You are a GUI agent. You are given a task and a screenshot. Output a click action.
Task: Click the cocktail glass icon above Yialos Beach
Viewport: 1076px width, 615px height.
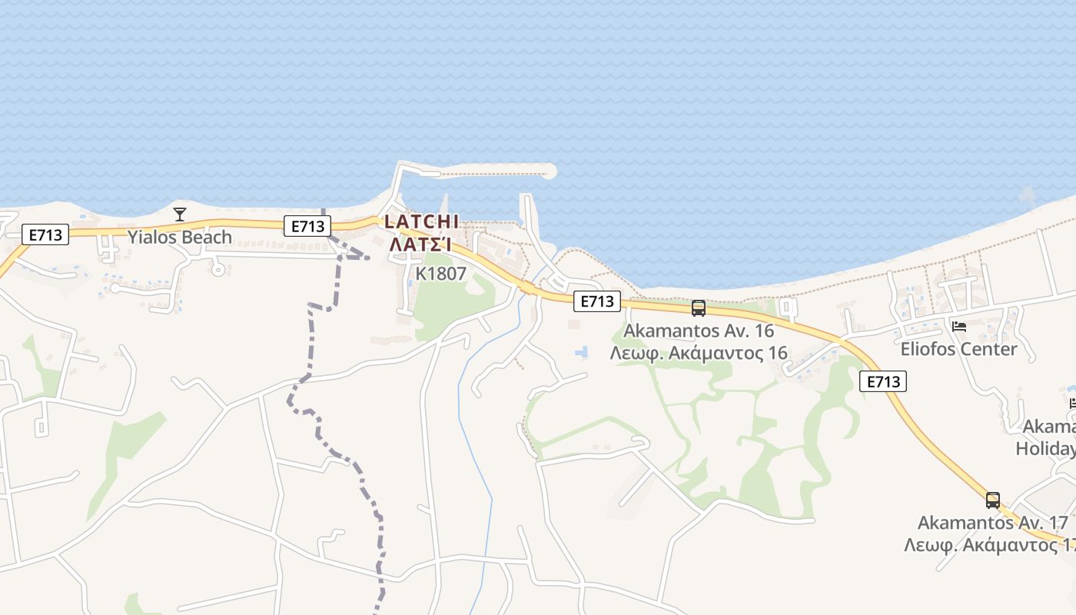(x=180, y=214)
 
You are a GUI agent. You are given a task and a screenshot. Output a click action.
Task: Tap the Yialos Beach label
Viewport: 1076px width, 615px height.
(x=180, y=237)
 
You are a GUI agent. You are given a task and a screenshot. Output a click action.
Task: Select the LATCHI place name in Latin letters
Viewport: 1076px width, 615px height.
(x=421, y=221)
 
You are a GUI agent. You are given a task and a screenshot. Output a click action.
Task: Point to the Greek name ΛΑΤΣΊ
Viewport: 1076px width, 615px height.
(x=420, y=244)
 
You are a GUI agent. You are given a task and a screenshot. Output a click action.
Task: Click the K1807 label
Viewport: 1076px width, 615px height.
(x=441, y=274)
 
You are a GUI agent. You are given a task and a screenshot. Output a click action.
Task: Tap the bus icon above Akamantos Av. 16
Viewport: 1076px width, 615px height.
(x=698, y=308)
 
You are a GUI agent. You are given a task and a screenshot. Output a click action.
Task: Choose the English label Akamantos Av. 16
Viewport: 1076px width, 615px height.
(x=699, y=331)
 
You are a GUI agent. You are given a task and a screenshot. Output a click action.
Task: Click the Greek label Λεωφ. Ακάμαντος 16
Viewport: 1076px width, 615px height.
(x=699, y=353)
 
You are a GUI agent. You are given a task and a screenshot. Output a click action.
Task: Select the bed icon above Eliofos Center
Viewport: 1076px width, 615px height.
(x=958, y=327)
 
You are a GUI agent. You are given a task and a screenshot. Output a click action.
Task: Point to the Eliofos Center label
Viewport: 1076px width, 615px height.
(x=958, y=349)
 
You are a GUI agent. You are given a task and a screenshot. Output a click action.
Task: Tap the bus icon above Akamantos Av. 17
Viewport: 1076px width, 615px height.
(x=993, y=500)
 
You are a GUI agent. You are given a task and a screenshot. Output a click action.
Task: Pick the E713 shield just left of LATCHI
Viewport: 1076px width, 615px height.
(x=307, y=226)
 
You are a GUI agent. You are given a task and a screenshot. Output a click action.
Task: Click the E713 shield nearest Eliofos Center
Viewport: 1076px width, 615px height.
(x=884, y=381)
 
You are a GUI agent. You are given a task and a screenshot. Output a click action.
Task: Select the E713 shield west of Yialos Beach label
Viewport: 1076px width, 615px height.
(x=45, y=234)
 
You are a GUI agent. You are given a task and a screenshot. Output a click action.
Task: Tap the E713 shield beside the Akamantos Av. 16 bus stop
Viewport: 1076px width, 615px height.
(x=597, y=301)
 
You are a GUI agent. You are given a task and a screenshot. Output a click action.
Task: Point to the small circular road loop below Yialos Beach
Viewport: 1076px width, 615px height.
(x=218, y=269)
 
